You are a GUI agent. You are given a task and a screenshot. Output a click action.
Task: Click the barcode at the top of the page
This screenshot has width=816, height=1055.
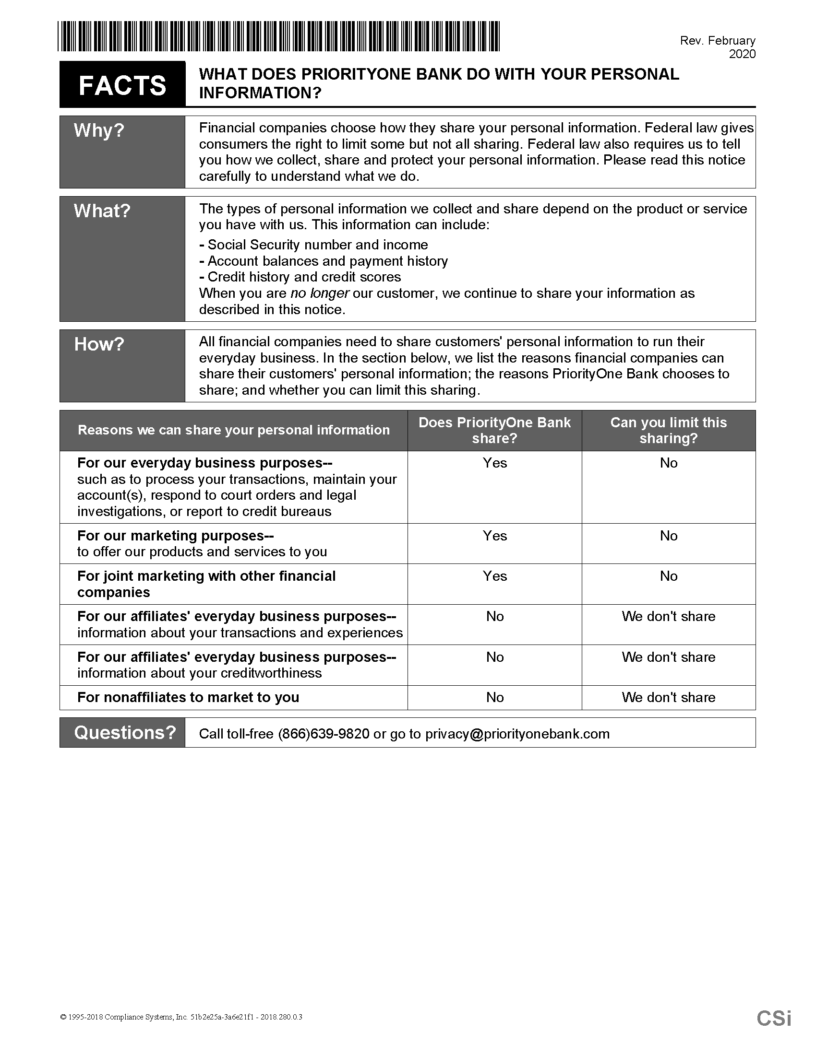click(x=278, y=36)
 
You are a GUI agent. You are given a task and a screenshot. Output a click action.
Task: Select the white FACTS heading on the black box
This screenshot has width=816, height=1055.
click(x=122, y=85)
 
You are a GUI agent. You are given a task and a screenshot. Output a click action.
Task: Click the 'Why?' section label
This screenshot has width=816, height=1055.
click(x=99, y=130)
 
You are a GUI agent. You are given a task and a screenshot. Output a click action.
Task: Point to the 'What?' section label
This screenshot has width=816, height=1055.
click(x=102, y=211)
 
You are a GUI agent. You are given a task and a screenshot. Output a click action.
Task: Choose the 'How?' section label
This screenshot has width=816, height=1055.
click(x=99, y=344)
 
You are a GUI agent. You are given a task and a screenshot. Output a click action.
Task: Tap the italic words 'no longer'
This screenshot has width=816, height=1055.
click(x=320, y=293)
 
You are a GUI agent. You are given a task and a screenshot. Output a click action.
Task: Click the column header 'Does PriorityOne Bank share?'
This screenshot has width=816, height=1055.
click(x=494, y=431)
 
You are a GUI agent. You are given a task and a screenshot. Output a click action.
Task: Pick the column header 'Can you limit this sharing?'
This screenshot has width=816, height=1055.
click(x=669, y=431)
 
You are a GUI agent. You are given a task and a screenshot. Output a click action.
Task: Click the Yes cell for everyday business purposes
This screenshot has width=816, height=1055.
click(x=494, y=463)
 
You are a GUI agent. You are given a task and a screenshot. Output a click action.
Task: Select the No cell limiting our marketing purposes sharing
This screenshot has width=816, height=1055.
click(x=669, y=536)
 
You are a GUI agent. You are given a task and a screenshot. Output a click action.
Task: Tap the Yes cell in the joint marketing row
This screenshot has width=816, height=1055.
click(x=494, y=576)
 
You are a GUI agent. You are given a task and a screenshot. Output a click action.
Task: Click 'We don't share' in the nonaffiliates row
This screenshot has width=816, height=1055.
click(x=669, y=697)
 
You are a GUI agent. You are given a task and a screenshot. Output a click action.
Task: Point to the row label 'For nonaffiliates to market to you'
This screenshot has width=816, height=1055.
click(x=188, y=697)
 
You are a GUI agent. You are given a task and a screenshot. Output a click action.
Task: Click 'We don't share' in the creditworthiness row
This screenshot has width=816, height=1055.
click(x=669, y=657)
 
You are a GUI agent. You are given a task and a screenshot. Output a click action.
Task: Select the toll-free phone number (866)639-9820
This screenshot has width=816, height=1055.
click(x=324, y=734)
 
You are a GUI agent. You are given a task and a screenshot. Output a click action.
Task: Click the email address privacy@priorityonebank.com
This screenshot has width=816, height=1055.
click(x=517, y=734)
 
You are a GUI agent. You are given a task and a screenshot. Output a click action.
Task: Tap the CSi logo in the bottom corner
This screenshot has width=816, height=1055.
click(x=774, y=1018)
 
